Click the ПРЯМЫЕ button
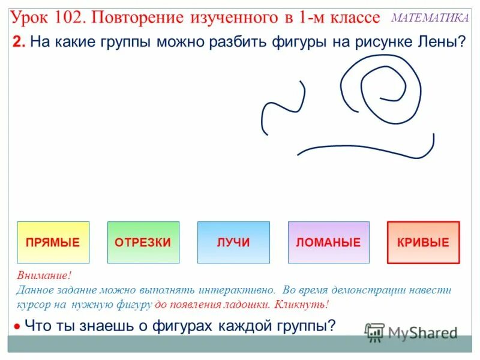pyautogui.click(x=53, y=242)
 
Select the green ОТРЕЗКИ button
pyautogui.click(x=143, y=242)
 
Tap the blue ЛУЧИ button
pyautogui.click(x=233, y=242)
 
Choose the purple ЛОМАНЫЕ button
pyautogui.click(x=328, y=242)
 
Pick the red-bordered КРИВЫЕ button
pyautogui.click(x=423, y=242)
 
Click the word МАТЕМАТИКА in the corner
pyautogui.click(x=430, y=17)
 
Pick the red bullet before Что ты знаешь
pyautogui.click(x=17, y=327)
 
